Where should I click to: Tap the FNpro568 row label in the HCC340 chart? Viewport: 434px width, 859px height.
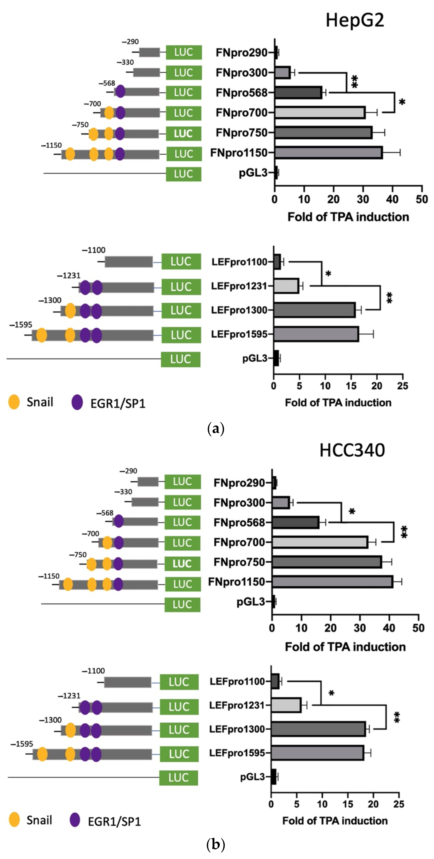point(239,522)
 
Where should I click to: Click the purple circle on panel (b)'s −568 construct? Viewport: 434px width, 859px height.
point(118,521)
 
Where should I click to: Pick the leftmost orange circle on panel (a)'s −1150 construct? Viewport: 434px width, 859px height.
point(70,154)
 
